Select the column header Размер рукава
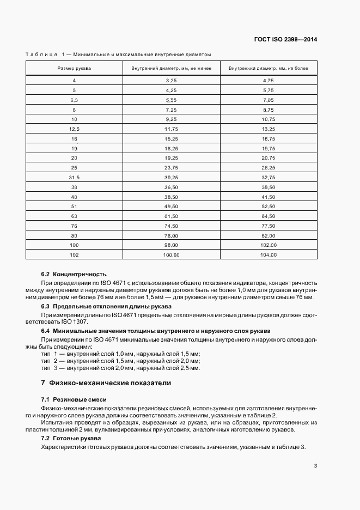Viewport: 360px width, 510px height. (75, 69)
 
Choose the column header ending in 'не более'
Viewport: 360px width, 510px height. (269, 69)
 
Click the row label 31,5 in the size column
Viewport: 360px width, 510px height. (75, 178)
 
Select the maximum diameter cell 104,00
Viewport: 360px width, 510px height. (269, 255)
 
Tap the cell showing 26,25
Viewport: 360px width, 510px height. (269, 167)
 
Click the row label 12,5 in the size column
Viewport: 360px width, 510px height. (75, 129)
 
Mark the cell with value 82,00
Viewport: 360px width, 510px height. (269, 235)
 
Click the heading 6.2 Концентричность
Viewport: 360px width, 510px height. (74, 274)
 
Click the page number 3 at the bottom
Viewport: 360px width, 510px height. (315, 466)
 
